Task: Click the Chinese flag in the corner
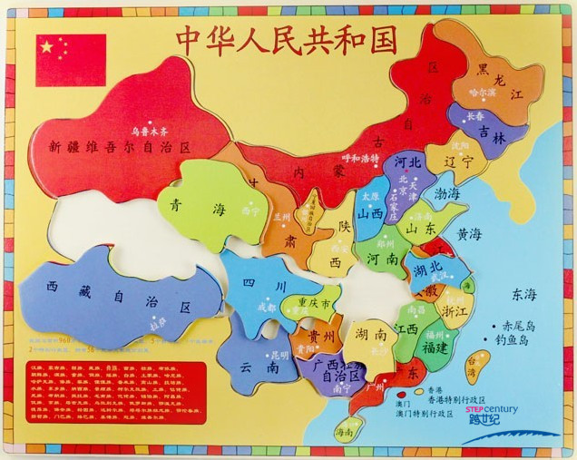tap(71, 60)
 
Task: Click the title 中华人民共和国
tap(287, 41)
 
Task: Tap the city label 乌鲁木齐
tap(152, 130)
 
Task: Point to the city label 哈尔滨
tap(483, 93)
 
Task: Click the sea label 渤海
tap(446, 193)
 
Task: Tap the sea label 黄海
tap(469, 234)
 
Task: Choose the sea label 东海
tap(523, 294)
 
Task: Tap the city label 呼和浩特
tap(360, 158)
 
